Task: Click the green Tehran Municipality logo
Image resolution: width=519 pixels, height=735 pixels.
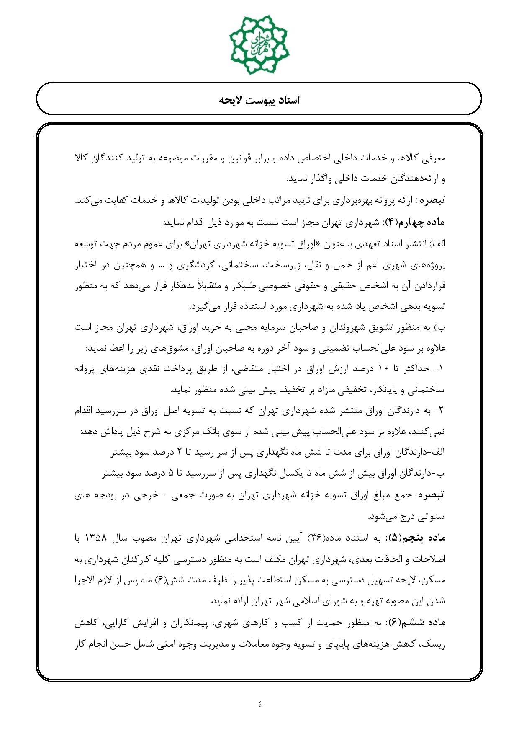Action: [x=259, y=44]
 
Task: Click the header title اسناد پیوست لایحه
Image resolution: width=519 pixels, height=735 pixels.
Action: [x=259, y=101]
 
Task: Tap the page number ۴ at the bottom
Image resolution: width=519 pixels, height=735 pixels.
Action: [x=259, y=704]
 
